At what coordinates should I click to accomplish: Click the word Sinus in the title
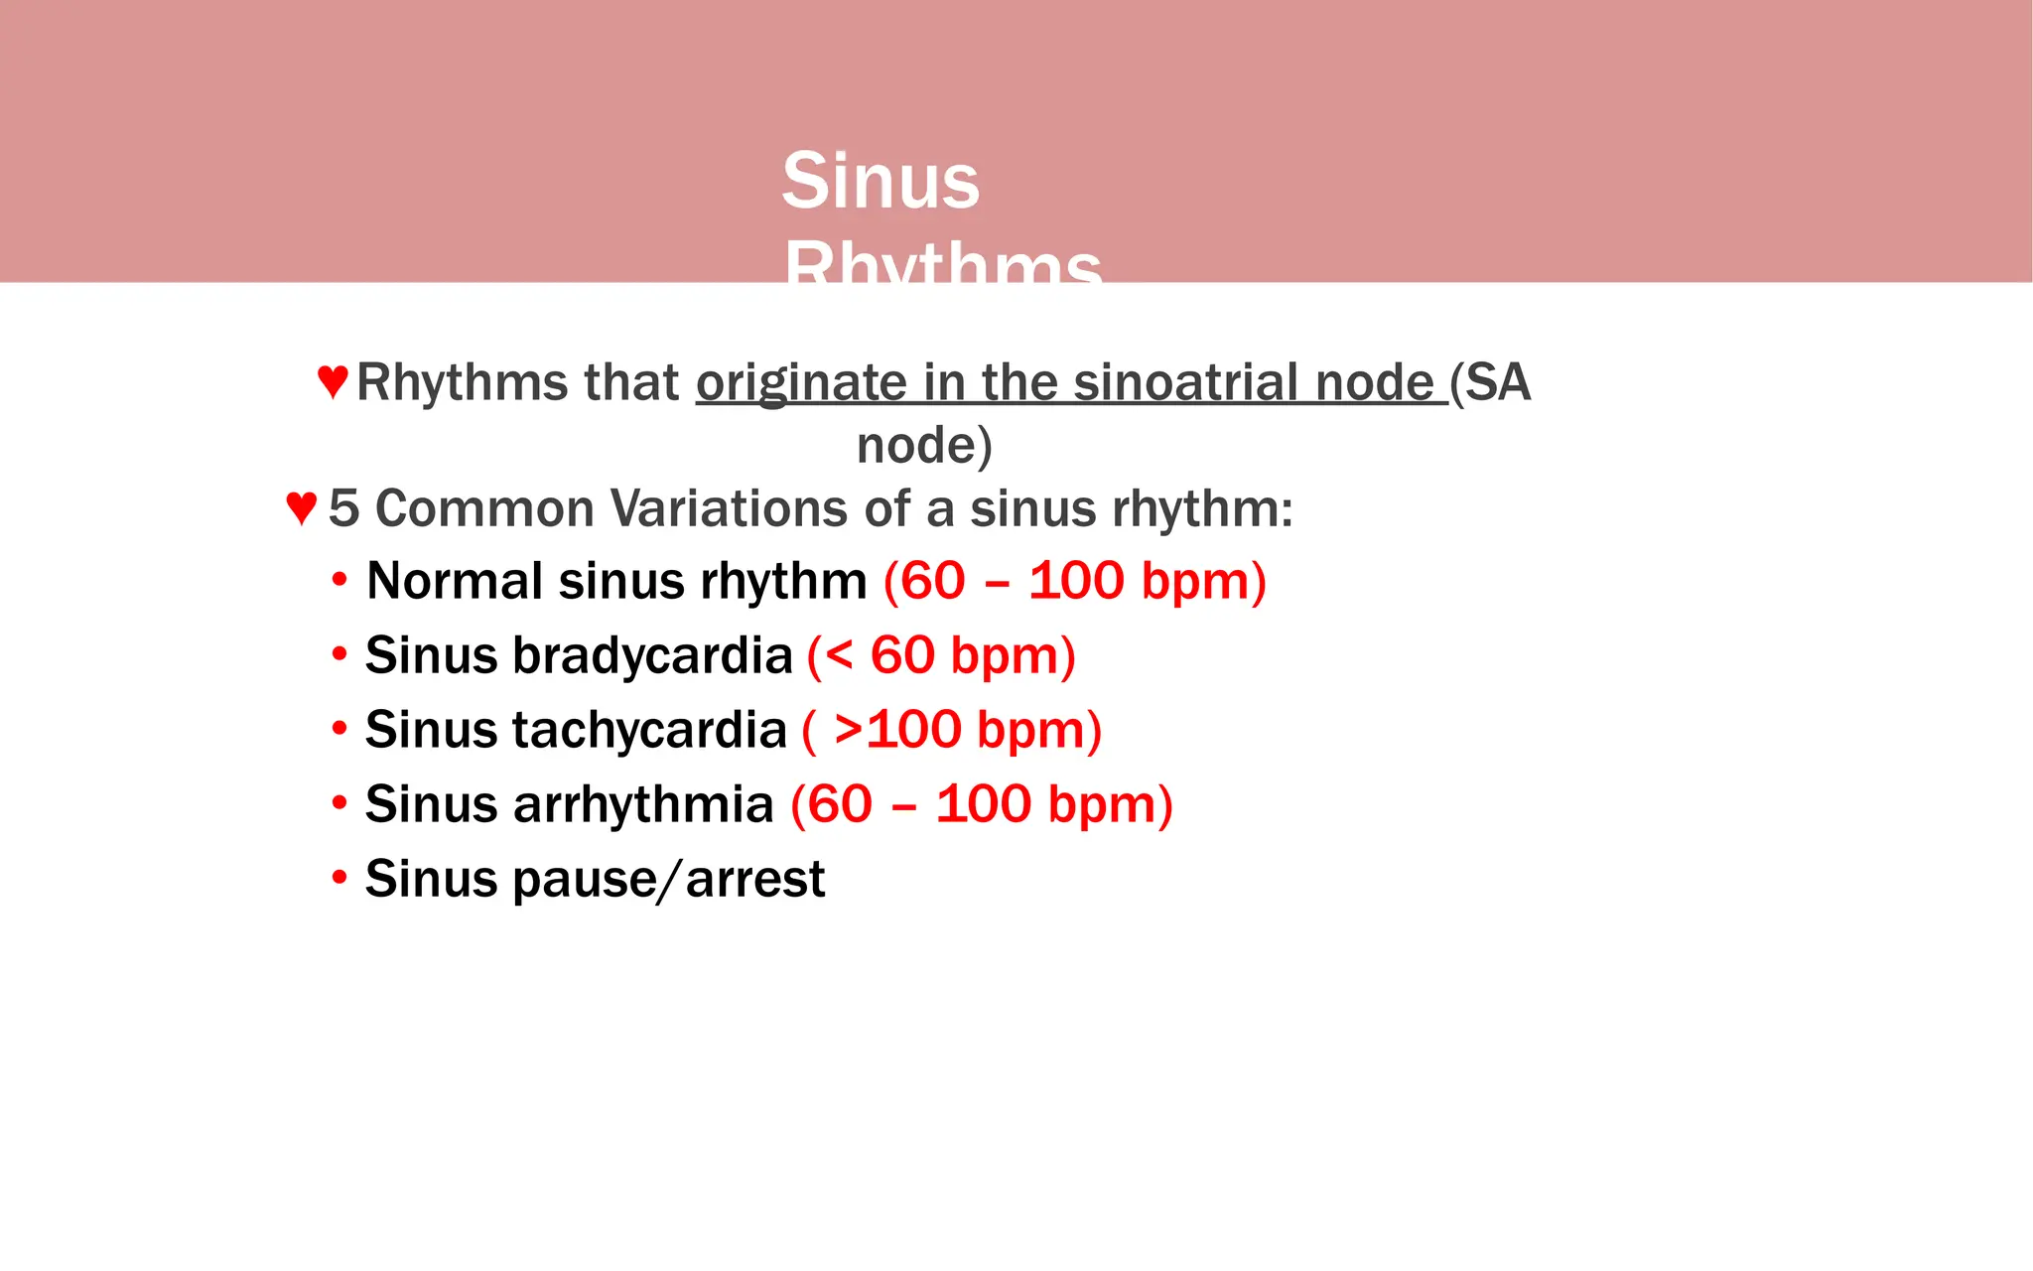[881, 181]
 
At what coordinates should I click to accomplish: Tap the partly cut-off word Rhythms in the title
[942, 263]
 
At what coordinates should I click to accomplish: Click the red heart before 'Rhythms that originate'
[333, 381]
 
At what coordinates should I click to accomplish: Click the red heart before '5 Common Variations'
[301, 507]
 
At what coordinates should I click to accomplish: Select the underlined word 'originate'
[801, 383]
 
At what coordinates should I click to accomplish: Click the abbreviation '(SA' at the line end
[1490, 383]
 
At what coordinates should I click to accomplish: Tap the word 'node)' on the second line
[924, 445]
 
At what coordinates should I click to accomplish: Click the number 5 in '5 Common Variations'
[343, 508]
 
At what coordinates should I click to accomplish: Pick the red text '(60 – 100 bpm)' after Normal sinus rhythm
[1074, 581]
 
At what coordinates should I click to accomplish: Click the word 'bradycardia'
[652, 655]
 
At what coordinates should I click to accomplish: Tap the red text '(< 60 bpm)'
[941, 655]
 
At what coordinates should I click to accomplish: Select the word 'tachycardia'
[649, 730]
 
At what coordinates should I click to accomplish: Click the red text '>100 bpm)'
[968, 730]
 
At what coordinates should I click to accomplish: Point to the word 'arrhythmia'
[642, 804]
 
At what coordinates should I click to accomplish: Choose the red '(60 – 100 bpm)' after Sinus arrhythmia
[982, 804]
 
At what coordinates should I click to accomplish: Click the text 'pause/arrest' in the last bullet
[668, 879]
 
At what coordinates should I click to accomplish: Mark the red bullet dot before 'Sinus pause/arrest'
[339, 877]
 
